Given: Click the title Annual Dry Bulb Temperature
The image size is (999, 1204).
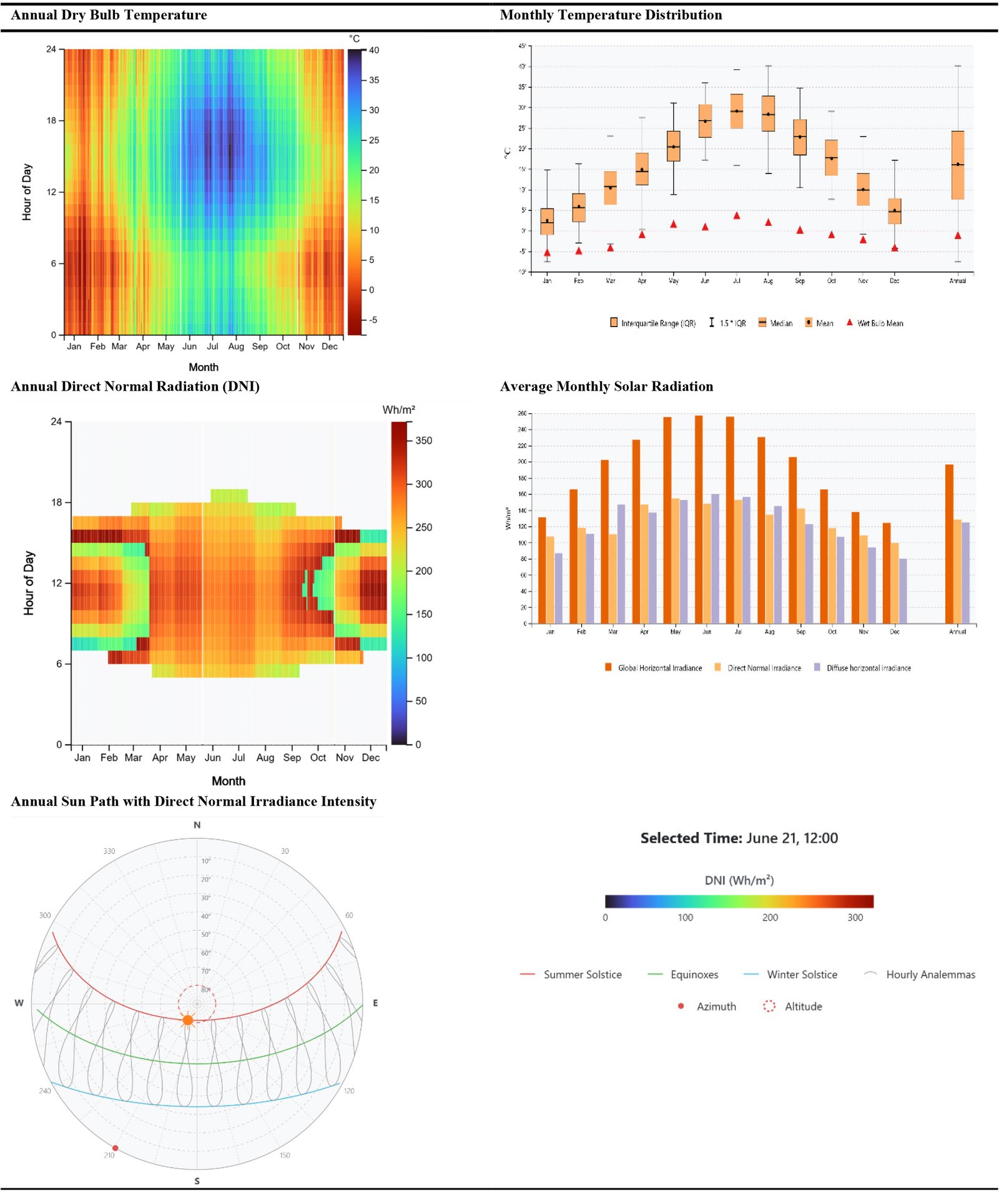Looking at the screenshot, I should tap(109, 15).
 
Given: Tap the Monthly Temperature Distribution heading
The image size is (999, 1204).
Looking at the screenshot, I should tap(611, 15).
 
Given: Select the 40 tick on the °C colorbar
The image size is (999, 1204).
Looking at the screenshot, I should tap(374, 51).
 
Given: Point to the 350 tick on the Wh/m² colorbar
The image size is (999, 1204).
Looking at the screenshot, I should tap(423, 441).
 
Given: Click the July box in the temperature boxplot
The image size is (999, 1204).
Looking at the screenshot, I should tap(737, 112).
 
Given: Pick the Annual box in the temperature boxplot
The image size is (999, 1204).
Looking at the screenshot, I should tap(958, 165).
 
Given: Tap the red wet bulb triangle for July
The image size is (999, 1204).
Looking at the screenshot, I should tap(737, 216).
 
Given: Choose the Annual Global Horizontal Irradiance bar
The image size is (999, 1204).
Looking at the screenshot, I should tap(949, 544).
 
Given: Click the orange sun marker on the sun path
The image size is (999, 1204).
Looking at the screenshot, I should tap(188, 1020).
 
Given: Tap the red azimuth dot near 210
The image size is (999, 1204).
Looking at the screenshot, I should tap(115, 1148).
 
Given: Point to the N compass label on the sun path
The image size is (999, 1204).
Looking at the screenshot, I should tap(197, 825).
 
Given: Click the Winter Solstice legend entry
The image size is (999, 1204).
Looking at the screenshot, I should tap(802, 974).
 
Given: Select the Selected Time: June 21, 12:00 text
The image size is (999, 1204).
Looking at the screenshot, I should tap(739, 838).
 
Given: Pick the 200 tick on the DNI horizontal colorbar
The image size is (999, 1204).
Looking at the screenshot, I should tap(770, 918).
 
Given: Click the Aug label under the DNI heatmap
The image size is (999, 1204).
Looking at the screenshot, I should tap(265, 758).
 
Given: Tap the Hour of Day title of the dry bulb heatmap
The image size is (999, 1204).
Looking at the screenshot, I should tap(27, 192).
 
